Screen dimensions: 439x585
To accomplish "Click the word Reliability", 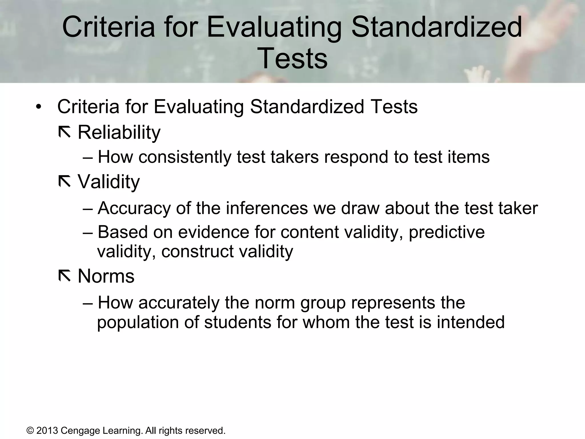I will tap(119, 133).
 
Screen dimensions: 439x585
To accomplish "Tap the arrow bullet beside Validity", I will tap(64, 182).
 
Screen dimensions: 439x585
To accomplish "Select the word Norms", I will tap(106, 276).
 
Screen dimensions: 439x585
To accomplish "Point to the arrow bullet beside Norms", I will tap(64, 276).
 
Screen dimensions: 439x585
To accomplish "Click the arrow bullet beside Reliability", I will tap(64, 132).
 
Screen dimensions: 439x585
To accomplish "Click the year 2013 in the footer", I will tap(47, 430).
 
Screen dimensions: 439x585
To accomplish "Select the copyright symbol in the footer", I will tap(30, 431).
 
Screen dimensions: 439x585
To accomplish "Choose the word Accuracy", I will tap(134, 208).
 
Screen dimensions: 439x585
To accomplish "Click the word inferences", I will tap(267, 208).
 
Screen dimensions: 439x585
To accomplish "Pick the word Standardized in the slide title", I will tap(436, 27).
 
